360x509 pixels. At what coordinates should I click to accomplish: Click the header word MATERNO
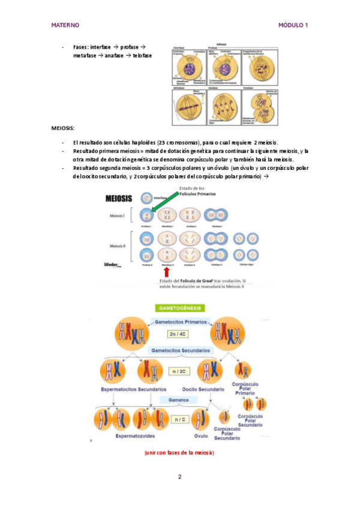point(65,25)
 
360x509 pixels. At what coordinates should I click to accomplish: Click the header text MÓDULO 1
point(293,25)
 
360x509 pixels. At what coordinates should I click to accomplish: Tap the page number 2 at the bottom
point(179,477)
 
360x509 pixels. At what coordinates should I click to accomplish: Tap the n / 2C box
point(178,371)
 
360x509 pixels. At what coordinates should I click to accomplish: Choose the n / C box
point(179,419)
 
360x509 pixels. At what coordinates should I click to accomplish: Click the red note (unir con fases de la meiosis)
point(179,453)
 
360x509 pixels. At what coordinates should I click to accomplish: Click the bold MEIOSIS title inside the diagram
point(119,199)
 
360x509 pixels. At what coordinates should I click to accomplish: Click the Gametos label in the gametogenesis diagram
point(179,399)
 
